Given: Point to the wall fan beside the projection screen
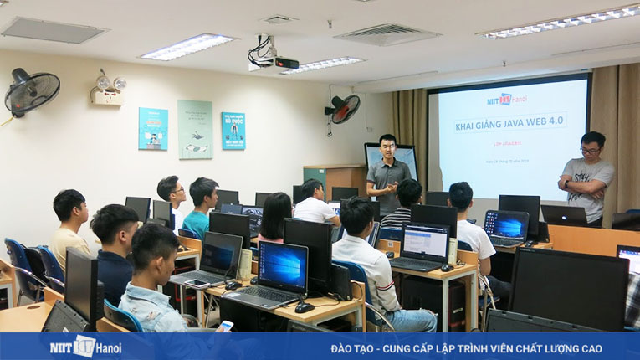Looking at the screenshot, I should (x=344, y=109).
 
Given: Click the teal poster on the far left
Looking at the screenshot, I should (x=153, y=128).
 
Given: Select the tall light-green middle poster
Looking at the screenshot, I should (x=194, y=129).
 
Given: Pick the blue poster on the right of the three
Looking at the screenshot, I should (x=233, y=131).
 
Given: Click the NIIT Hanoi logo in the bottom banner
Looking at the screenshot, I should (x=84, y=346).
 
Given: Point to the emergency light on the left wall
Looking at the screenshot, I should (x=110, y=89).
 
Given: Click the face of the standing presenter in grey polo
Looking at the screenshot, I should (x=387, y=147).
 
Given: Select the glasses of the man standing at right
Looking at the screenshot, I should (x=590, y=150).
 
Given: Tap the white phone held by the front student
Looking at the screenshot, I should (x=226, y=325).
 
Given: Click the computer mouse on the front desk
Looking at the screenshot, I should (x=304, y=307).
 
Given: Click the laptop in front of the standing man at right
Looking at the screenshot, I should (x=564, y=215).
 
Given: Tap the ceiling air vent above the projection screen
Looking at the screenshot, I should (x=387, y=34).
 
